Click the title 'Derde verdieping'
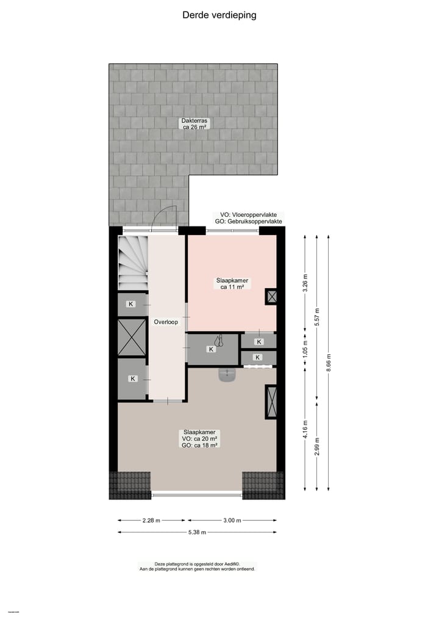[220, 15]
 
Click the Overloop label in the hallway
[166, 322]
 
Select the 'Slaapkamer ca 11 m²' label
[232, 284]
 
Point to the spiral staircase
[133, 263]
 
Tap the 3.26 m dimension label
[305, 283]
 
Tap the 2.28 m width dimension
[151, 520]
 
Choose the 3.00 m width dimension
[232, 520]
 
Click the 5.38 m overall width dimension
[197, 532]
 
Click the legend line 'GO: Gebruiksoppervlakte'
[248, 222]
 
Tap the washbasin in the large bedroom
[227, 374]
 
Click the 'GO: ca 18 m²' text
[200, 445]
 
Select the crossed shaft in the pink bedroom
[271, 297]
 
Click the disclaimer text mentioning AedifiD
[197, 564]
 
